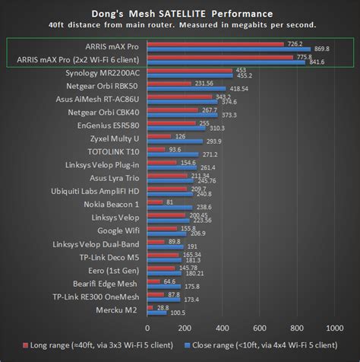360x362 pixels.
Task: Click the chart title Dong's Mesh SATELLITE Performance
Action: (180, 14)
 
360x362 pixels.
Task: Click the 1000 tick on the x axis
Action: (333, 328)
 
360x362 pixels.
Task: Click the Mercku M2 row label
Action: (118, 310)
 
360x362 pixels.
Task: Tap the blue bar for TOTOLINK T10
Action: (173, 155)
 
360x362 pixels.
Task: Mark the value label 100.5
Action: (177, 313)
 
